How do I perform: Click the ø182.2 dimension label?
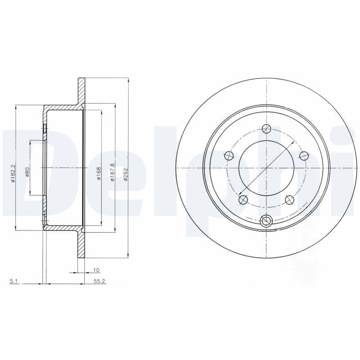[x=14, y=173]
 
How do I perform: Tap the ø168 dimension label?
[x=99, y=173]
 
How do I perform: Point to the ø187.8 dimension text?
[x=112, y=172]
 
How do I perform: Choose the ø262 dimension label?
[x=126, y=173]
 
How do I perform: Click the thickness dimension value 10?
[x=96, y=270]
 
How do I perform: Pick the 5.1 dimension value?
[x=13, y=281]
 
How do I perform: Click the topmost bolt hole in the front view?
[x=266, y=129]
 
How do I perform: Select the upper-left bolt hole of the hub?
[x=229, y=156]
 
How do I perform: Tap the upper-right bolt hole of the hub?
[x=304, y=156]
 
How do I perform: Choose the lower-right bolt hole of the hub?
[x=289, y=199]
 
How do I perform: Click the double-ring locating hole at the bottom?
[x=266, y=220]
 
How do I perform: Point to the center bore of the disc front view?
[x=266, y=168]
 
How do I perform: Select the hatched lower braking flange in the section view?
[x=81, y=245]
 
